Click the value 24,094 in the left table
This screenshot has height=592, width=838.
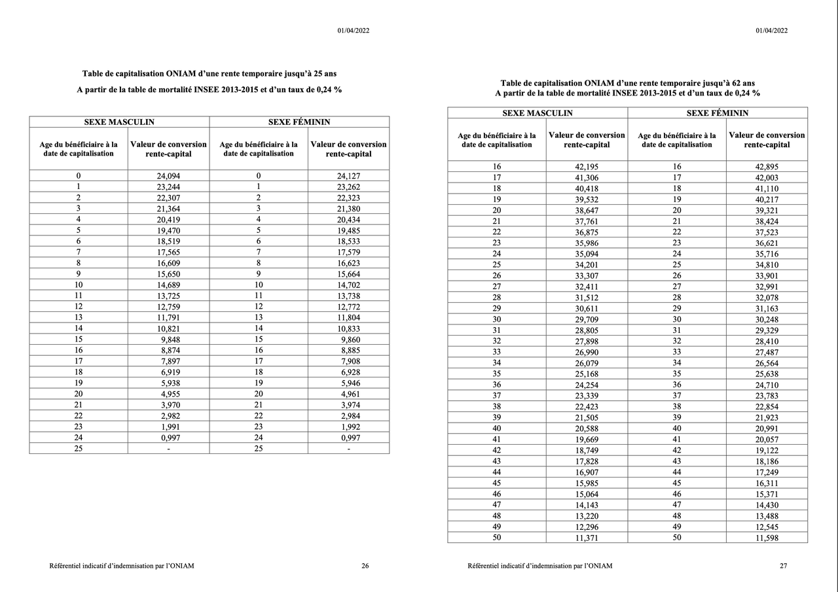tap(168, 176)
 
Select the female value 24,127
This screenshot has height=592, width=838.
tap(348, 176)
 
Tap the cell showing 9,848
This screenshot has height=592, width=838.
tap(168, 340)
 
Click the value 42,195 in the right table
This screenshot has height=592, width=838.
tap(587, 167)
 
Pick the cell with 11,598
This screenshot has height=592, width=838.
tap(767, 538)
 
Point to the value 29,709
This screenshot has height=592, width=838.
tap(587, 320)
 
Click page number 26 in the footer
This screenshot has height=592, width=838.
tap(365, 566)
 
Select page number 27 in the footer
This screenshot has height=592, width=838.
tap(784, 566)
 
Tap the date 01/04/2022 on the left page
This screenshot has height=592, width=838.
tap(354, 30)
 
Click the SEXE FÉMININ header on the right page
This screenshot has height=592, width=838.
tap(717, 113)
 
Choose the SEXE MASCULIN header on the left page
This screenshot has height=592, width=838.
tap(119, 122)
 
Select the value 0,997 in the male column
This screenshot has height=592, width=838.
tap(168, 438)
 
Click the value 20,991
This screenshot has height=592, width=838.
tap(767, 428)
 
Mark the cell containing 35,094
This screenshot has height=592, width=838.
tap(587, 254)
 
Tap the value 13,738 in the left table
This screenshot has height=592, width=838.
tap(348, 296)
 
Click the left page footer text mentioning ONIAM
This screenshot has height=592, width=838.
tap(122, 566)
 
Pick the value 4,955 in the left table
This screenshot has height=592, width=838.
tap(168, 394)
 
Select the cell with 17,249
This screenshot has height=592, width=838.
tap(767, 472)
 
